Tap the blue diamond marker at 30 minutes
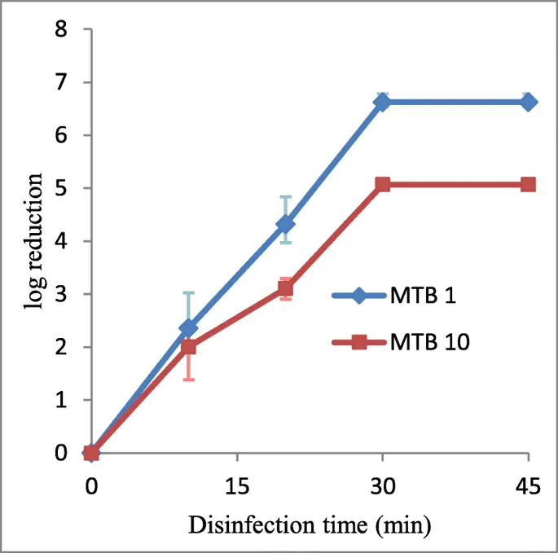[383, 102]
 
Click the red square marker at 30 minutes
[383, 185]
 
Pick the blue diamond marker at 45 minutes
[528, 102]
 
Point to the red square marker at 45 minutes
[528, 185]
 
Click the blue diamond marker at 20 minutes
[286, 224]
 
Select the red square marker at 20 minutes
[286, 289]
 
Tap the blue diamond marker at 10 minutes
[189, 328]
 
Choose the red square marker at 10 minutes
[189, 347]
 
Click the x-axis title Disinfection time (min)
[310, 524]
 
